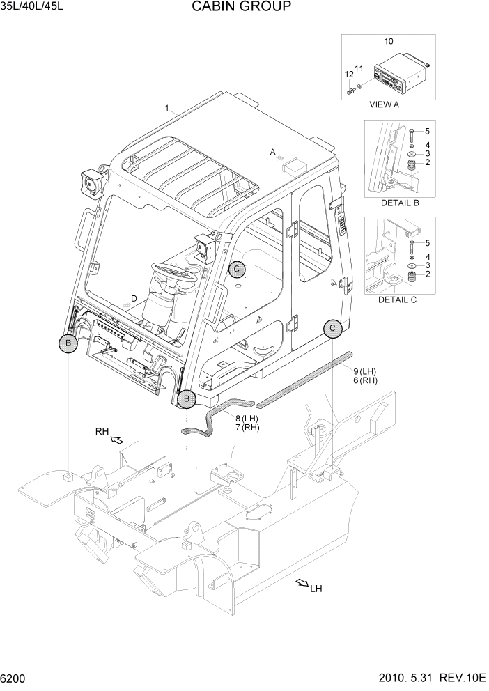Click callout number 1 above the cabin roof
tap(167, 108)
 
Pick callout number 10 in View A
tap(389, 42)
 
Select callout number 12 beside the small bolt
tap(348, 74)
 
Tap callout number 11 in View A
tap(359, 68)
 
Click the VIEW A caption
tap(383, 105)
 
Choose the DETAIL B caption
tap(399, 203)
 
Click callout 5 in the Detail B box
tap(428, 131)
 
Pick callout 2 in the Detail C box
tap(428, 274)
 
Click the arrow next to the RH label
tap(118, 440)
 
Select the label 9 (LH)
tap(364, 371)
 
